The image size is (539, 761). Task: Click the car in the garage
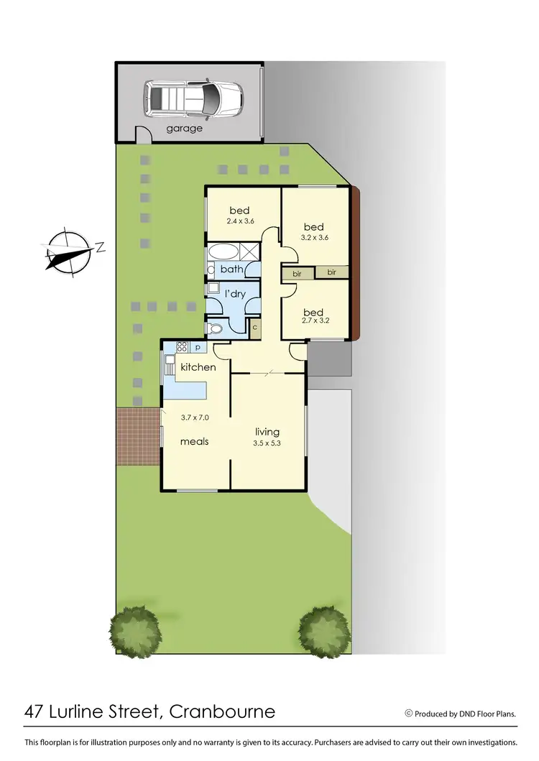(193, 98)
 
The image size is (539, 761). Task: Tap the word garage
(185, 129)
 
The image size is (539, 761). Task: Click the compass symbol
(68, 252)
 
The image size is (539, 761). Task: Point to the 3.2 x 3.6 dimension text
(313, 238)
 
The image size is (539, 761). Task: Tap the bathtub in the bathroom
(225, 253)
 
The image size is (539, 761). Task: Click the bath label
(231, 269)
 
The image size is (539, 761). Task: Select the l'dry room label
(236, 294)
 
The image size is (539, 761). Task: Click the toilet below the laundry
(214, 328)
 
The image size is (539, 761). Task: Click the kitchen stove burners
(182, 347)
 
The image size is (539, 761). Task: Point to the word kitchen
(198, 367)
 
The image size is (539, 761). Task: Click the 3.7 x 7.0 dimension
(194, 417)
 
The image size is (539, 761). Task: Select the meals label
(194, 441)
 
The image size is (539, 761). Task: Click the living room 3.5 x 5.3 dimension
(268, 443)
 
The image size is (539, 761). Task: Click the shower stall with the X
(250, 252)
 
